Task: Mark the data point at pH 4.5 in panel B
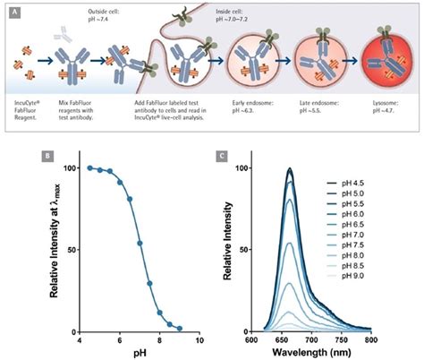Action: (x=90, y=167)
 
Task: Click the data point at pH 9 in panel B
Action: (x=180, y=329)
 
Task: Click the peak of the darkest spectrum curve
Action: (x=289, y=168)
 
